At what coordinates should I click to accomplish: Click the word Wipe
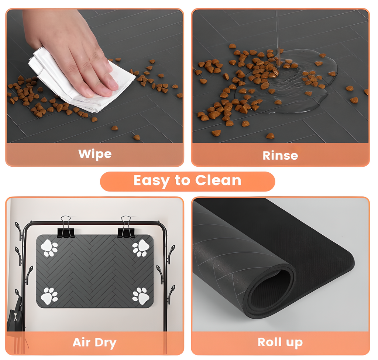95,154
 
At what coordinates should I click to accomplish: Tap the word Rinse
280,156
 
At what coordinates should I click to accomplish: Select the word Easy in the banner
152,181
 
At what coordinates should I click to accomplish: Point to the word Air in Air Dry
82,342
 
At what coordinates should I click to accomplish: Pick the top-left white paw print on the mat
49,248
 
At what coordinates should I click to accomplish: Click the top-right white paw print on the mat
141,248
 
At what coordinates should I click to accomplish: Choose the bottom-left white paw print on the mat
49,296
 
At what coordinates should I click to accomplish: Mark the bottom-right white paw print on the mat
141,296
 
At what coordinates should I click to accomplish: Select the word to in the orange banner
183,181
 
